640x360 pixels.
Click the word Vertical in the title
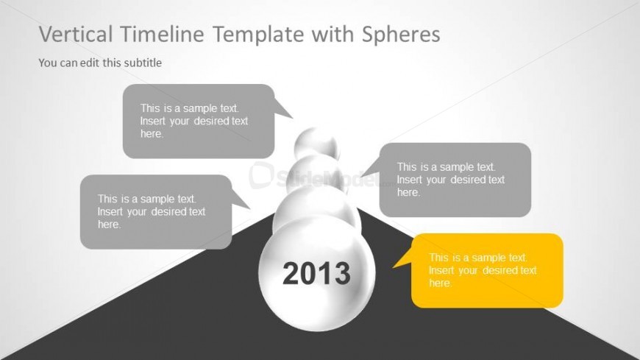click(76, 34)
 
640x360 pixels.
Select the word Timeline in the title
click(163, 34)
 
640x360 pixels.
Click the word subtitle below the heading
click(143, 63)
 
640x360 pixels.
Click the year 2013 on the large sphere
click(316, 273)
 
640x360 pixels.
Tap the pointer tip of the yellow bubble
click(393, 268)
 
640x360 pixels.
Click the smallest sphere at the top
click(317, 143)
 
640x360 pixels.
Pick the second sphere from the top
click(317, 172)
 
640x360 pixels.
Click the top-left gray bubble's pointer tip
click(293, 118)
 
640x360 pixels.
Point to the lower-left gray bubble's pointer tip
click(250, 208)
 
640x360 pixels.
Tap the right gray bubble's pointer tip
click(361, 177)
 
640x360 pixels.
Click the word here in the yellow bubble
click(441, 283)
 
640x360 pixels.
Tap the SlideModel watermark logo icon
click(260, 175)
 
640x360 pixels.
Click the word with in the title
click(333, 34)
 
